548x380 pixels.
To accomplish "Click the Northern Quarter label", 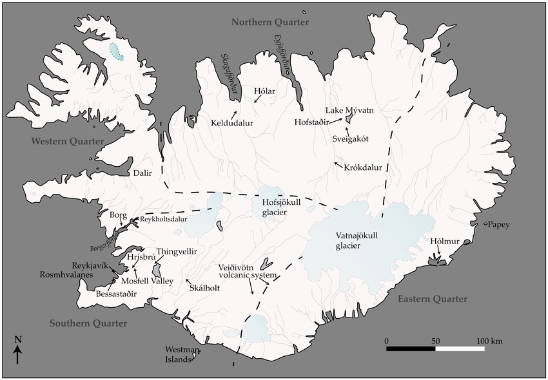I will [x=270, y=23].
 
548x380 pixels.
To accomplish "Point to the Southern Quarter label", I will [x=88, y=323].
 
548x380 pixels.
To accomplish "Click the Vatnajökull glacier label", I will [x=357, y=240].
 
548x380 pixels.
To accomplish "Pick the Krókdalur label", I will [x=363, y=167].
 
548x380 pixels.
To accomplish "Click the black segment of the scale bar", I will [x=411, y=349].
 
